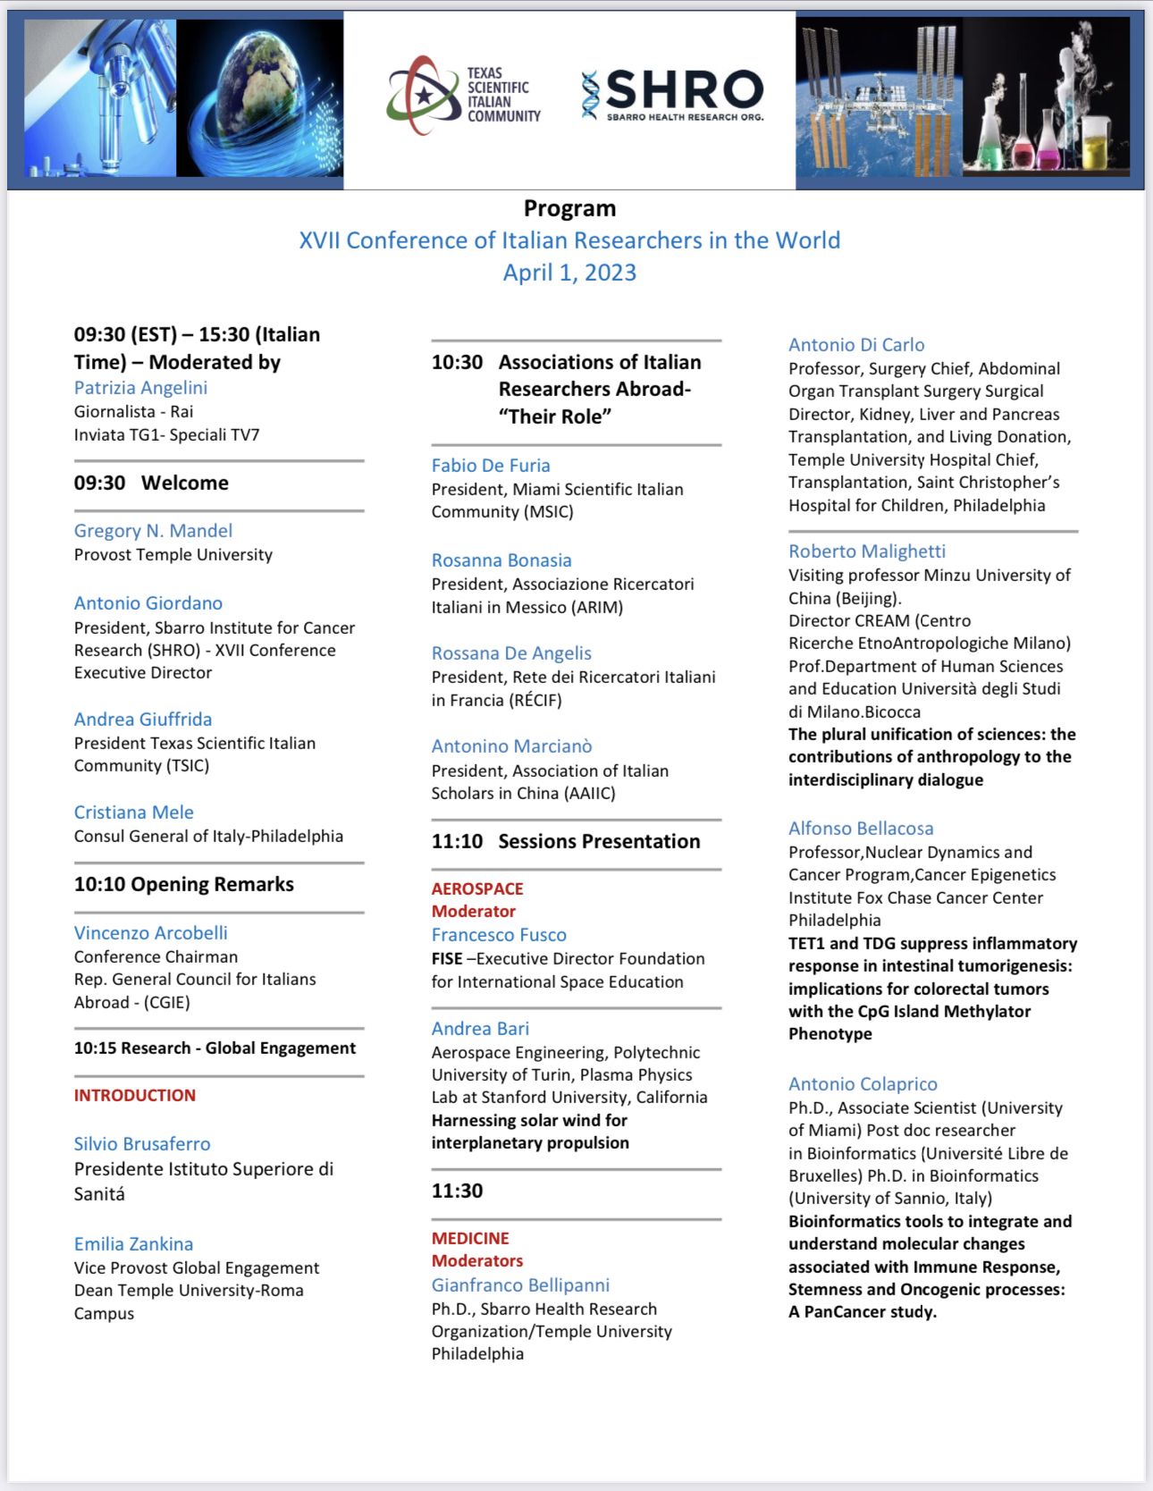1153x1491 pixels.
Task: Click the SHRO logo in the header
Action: [674, 94]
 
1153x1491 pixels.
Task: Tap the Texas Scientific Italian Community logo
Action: [464, 95]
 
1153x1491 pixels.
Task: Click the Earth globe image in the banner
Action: [260, 98]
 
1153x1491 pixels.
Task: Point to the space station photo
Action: [879, 97]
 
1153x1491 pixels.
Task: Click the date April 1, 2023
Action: [569, 273]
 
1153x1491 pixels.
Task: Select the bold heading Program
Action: [569, 208]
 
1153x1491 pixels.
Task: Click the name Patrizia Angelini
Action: [140, 388]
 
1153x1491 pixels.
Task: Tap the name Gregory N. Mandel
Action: [153, 531]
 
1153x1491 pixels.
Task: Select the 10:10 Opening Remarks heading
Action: [184, 884]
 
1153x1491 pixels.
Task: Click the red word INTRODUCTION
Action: [135, 1095]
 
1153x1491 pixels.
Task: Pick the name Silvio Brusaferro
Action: [142, 1144]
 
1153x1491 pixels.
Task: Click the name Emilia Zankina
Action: [133, 1244]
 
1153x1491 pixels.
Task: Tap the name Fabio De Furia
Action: [491, 466]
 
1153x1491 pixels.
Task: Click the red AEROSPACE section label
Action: [477, 889]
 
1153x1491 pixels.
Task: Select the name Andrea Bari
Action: [480, 1029]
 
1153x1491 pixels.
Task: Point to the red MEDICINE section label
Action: [470, 1238]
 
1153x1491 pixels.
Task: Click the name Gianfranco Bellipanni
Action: [520, 1285]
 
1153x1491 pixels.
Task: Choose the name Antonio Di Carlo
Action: [856, 345]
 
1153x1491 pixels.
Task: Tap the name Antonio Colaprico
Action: [863, 1084]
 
